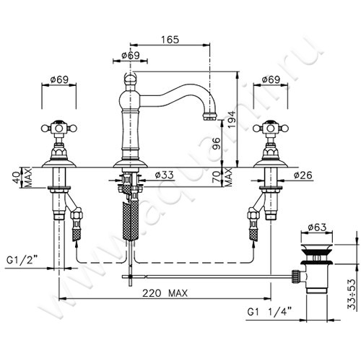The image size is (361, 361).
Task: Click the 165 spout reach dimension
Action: [x=170, y=40]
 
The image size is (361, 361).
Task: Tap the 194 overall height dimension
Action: [x=232, y=120]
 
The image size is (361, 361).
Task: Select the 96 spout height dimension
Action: [x=217, y=144]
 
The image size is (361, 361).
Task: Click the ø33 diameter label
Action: [x=165, y=175]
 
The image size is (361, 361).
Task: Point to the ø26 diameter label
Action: [x=303, y=175]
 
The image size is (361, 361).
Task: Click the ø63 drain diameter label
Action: [x=317, y=227]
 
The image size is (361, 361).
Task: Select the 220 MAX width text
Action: [x=165, y=293]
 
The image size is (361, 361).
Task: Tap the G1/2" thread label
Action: [x=22, y=260]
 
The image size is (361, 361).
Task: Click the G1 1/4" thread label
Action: [x=269, y=312]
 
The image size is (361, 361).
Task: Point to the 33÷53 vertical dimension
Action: [x=351, y=294]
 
